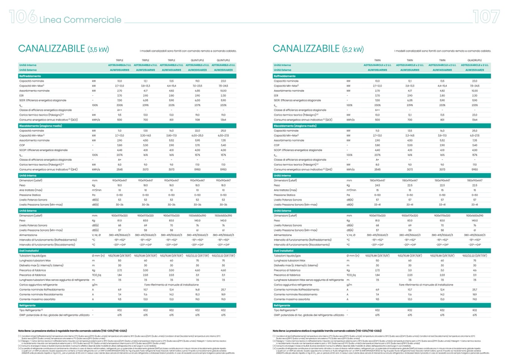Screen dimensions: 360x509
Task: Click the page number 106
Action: pos(23,17)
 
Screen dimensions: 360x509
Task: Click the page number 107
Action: pos(486,17)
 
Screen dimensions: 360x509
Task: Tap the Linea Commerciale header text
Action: pos(80,20)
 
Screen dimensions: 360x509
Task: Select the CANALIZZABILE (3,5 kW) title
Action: pos(63,49)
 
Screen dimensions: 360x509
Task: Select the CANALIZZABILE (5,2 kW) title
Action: pos(318,49)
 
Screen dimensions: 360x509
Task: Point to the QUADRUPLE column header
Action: pos(474,60)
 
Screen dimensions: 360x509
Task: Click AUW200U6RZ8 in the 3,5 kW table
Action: pos(197,70)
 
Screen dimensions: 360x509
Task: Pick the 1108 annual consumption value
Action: pos(197,120)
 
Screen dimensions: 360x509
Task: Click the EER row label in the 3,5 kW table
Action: pos(22,96)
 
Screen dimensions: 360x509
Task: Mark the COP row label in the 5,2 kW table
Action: pos(277,145)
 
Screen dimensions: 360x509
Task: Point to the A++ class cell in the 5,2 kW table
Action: pos(377,110)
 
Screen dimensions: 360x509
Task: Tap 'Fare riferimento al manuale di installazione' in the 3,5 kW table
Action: pos(171,285)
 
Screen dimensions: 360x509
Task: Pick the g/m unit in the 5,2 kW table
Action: pos(349,285)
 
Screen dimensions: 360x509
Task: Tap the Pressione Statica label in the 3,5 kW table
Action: pos(30,195)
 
